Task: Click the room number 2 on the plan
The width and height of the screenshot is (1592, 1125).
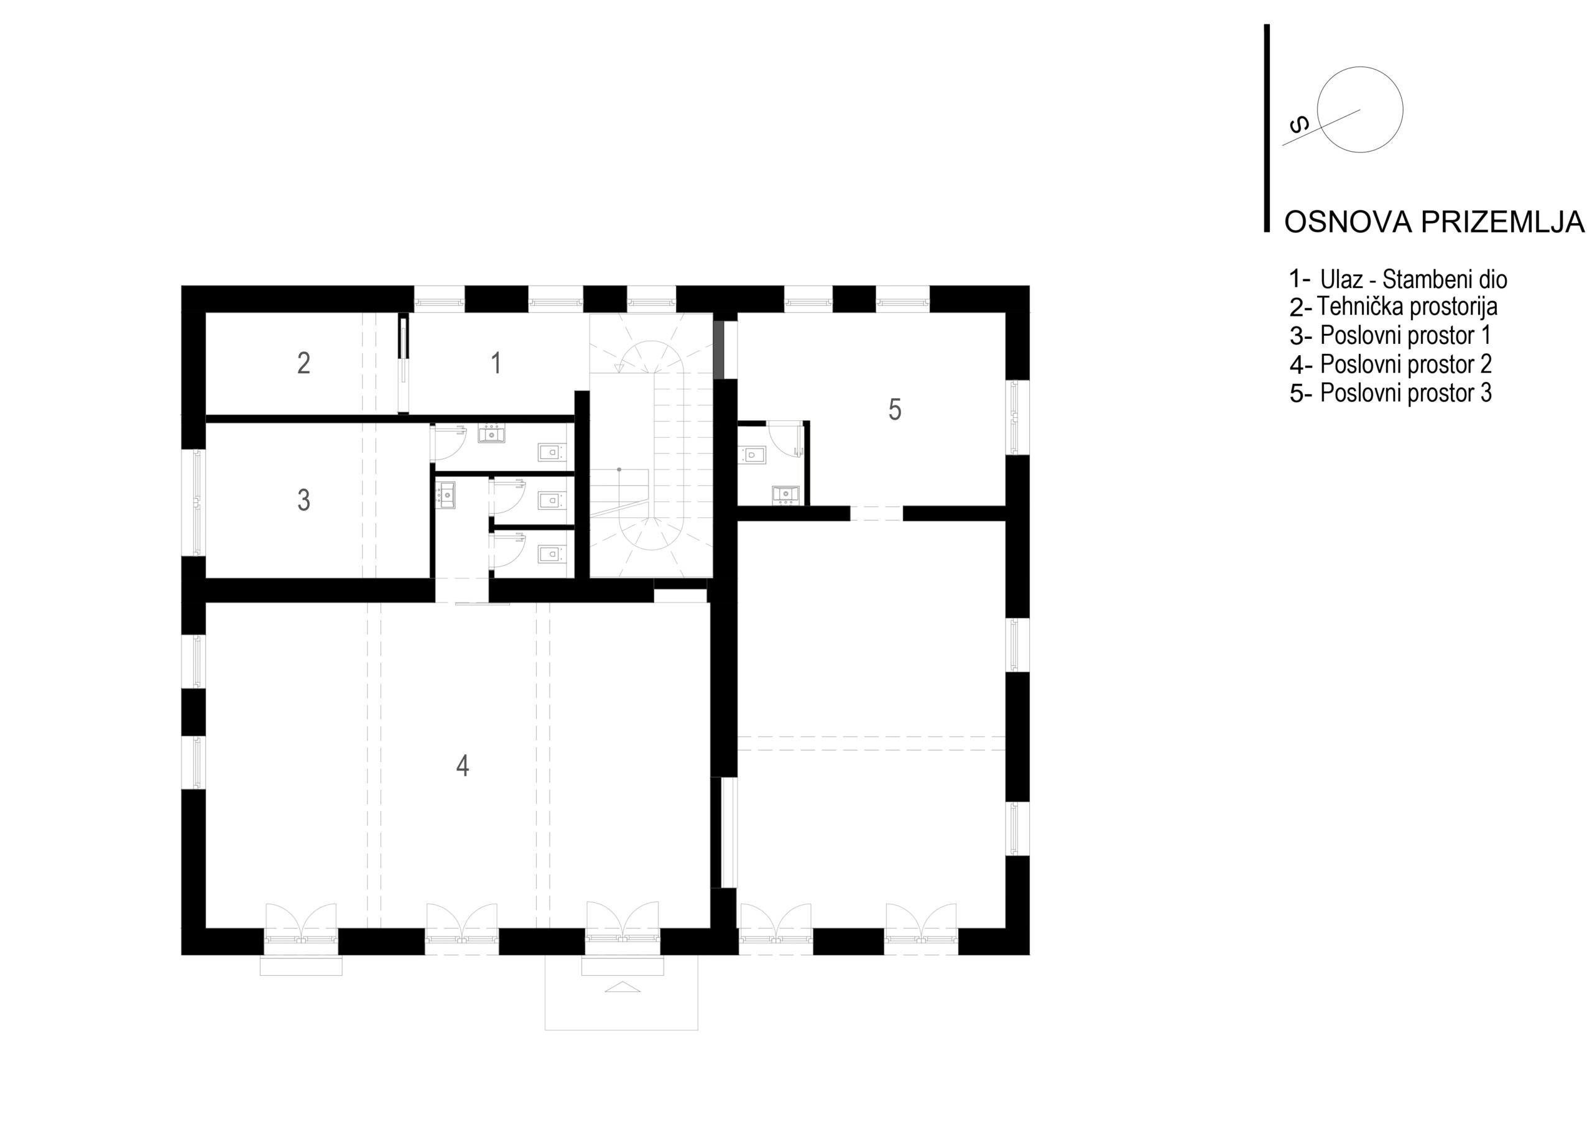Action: click(303, 363)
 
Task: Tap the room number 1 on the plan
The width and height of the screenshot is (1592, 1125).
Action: click(496, 363)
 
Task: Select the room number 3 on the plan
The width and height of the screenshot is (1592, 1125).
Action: click(303, 500)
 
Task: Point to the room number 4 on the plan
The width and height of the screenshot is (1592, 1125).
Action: click(463, 766)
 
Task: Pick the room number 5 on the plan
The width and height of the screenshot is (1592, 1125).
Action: click(895, 410)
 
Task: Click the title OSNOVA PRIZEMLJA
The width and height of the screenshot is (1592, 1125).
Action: click(1434, 222)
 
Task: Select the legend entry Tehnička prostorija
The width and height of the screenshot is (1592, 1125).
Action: click(1407, 306)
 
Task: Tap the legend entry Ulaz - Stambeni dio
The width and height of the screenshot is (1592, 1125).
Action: click(1414, 279)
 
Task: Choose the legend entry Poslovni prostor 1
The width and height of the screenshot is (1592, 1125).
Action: click(1405, 335)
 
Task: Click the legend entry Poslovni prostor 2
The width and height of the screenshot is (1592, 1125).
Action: click(1406, 364)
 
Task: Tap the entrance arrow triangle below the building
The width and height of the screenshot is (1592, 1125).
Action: click(622, 987)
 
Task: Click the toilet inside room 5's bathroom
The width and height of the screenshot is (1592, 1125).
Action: click(753, 455)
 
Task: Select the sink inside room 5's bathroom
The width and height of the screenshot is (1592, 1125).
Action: click(785, 494)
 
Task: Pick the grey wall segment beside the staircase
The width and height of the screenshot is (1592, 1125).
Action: click(719, 350)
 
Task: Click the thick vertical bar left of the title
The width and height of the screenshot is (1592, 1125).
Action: click(1267, 128)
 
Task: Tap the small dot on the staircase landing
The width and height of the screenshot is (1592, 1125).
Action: click(619, 470)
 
